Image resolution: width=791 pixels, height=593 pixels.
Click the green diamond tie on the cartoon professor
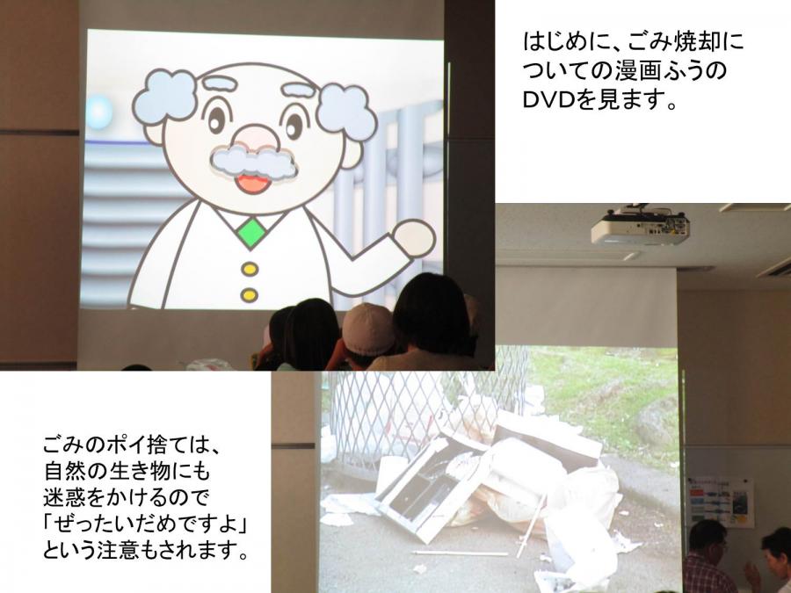click(250, 233)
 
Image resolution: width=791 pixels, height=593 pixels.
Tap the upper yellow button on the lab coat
click(250, 269)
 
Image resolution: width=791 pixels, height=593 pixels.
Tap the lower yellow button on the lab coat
click(250, 294)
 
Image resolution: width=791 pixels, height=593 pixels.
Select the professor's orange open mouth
click(252, 184)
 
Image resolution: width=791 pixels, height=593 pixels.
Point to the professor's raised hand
click(413, 238)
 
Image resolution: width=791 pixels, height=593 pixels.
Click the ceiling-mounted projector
click(640, 226)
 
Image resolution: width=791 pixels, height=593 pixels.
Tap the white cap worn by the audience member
click(368, 329)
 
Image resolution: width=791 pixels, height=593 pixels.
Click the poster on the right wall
click(721, 502)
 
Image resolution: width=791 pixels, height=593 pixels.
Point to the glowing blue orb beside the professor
click(99, 112)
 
